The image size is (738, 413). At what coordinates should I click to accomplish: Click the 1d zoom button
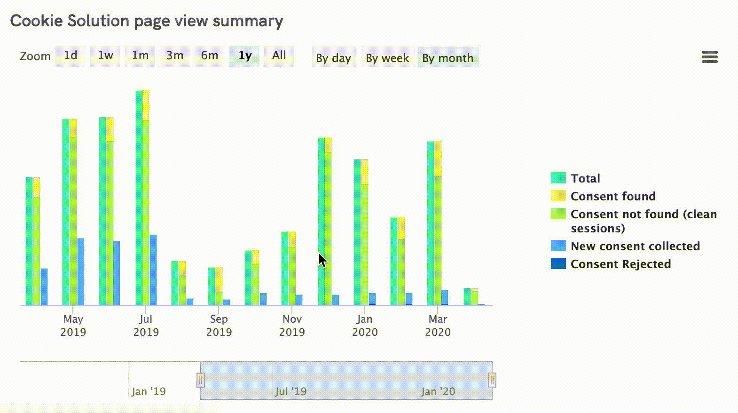tap(71, 56)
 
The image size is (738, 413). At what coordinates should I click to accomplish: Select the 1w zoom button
tap(105, 56)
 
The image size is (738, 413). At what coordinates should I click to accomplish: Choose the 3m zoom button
tap(175, 56)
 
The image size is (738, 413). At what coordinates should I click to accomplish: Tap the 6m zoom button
tap(210, 56)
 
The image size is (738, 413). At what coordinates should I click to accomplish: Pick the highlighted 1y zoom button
tap(245, 56)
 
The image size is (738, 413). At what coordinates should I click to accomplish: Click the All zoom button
tap(279, 56)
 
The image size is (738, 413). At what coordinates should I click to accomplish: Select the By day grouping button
tap(333, 58)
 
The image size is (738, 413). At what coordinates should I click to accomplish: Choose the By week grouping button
tap(387, 58)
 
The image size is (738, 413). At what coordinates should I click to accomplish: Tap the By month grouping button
tap(448, 58)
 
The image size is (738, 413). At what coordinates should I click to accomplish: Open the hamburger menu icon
tap(709, 57)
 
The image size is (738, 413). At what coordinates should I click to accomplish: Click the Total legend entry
tap(585, 178)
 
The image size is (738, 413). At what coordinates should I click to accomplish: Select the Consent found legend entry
tap(613, 196)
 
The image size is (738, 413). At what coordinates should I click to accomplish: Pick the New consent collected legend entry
tap(635, 246)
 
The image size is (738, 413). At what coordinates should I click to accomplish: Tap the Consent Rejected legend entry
tap(620, 264)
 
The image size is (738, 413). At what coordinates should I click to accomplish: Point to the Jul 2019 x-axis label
tap(146, 326)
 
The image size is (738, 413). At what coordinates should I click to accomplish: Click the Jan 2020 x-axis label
tap(365, 326)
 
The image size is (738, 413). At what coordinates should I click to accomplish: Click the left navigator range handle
tap(201, 380)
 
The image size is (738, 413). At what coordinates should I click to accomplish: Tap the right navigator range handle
tap(492, 380)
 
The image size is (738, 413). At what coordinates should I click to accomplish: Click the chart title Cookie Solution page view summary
tap(147, 21)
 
